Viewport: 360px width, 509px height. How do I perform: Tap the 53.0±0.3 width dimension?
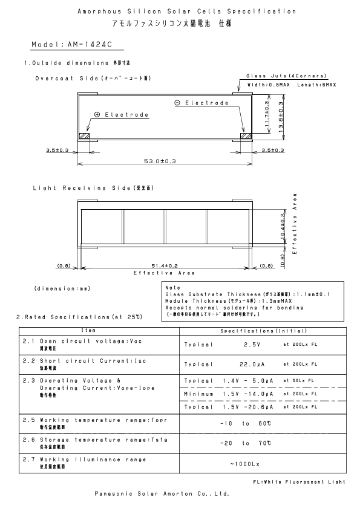[160, 161]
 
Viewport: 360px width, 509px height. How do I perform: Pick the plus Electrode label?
[121, 114]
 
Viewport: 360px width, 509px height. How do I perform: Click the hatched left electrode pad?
[85, 136]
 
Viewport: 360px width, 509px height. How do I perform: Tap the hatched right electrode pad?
[245, 136]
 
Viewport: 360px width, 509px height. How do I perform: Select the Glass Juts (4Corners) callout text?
[286, 76]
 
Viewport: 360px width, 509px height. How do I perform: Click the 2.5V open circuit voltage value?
[252, 344]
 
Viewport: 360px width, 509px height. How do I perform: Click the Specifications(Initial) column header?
[264, 331]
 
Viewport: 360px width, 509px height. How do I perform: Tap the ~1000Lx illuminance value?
[244, 464]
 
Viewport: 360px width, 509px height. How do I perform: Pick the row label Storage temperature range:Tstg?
[99, 441]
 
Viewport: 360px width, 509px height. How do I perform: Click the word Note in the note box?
[172, 287]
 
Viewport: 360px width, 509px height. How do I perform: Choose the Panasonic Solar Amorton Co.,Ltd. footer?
[162, 493]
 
